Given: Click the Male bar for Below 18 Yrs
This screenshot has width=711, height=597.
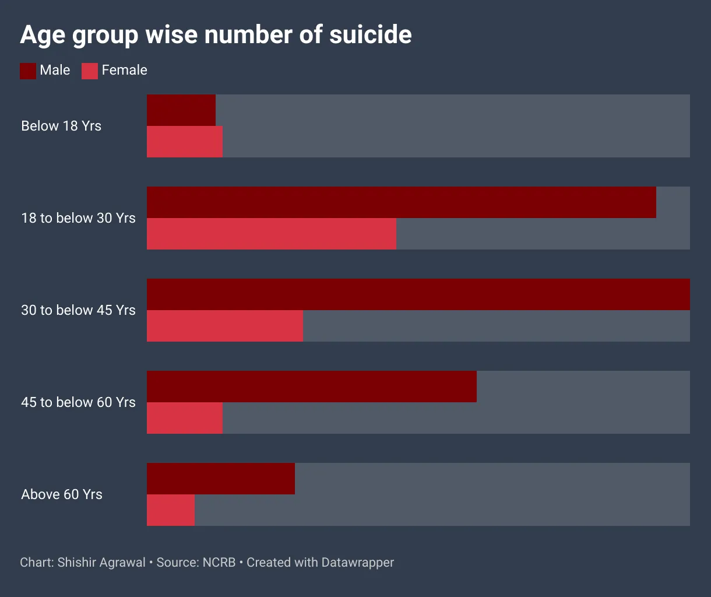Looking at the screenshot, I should (x=181, y=110).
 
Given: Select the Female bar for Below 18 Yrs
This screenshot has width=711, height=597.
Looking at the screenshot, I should (x=185, y=142).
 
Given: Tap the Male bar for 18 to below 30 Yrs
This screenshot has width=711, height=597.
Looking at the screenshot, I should (x=402, y=202).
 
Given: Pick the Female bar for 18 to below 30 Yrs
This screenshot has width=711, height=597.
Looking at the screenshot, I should (x=272, y=234).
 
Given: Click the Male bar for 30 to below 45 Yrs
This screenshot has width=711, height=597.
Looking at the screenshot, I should (x=418, y=294).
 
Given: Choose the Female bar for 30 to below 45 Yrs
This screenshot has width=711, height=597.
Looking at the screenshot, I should (x=225, y=326).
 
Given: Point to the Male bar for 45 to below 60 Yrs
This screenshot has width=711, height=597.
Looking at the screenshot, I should (x=312, y=387).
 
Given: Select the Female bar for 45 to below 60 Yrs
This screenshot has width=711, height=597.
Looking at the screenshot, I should (x=185, y=418).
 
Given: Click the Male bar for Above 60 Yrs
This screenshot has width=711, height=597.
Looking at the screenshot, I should (x=221, y=479).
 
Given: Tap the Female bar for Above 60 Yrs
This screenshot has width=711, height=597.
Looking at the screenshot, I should (x=171, y=510).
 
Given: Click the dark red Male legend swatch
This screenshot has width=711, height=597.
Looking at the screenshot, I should (x=28, y=71).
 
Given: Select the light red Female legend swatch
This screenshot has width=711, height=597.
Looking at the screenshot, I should (x=90, y=71).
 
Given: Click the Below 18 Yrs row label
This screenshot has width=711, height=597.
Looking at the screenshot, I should (x=61, y=126).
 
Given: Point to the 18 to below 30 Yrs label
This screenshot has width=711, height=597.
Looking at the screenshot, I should (x=78, y=218).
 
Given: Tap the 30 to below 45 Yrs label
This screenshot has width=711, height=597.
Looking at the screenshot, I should (x=78, y=310).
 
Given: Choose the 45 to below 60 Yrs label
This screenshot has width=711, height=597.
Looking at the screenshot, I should (x=78, y=402).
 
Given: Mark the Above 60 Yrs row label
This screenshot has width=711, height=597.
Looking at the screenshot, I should (x=62, y=494).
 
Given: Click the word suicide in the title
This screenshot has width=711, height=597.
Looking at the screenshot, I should (x=370, y=35).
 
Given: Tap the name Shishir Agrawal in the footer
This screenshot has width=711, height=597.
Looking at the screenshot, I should (x=101, y=563).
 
